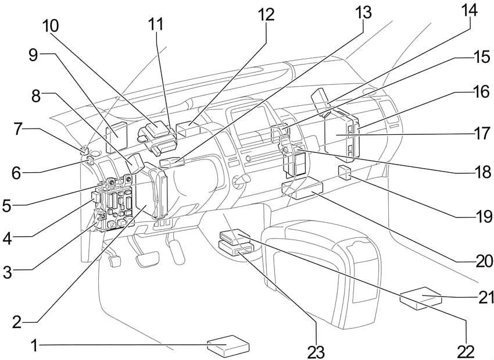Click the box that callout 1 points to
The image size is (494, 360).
click(x=229, y=345)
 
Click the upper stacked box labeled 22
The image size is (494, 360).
click(x=235, y=236)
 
